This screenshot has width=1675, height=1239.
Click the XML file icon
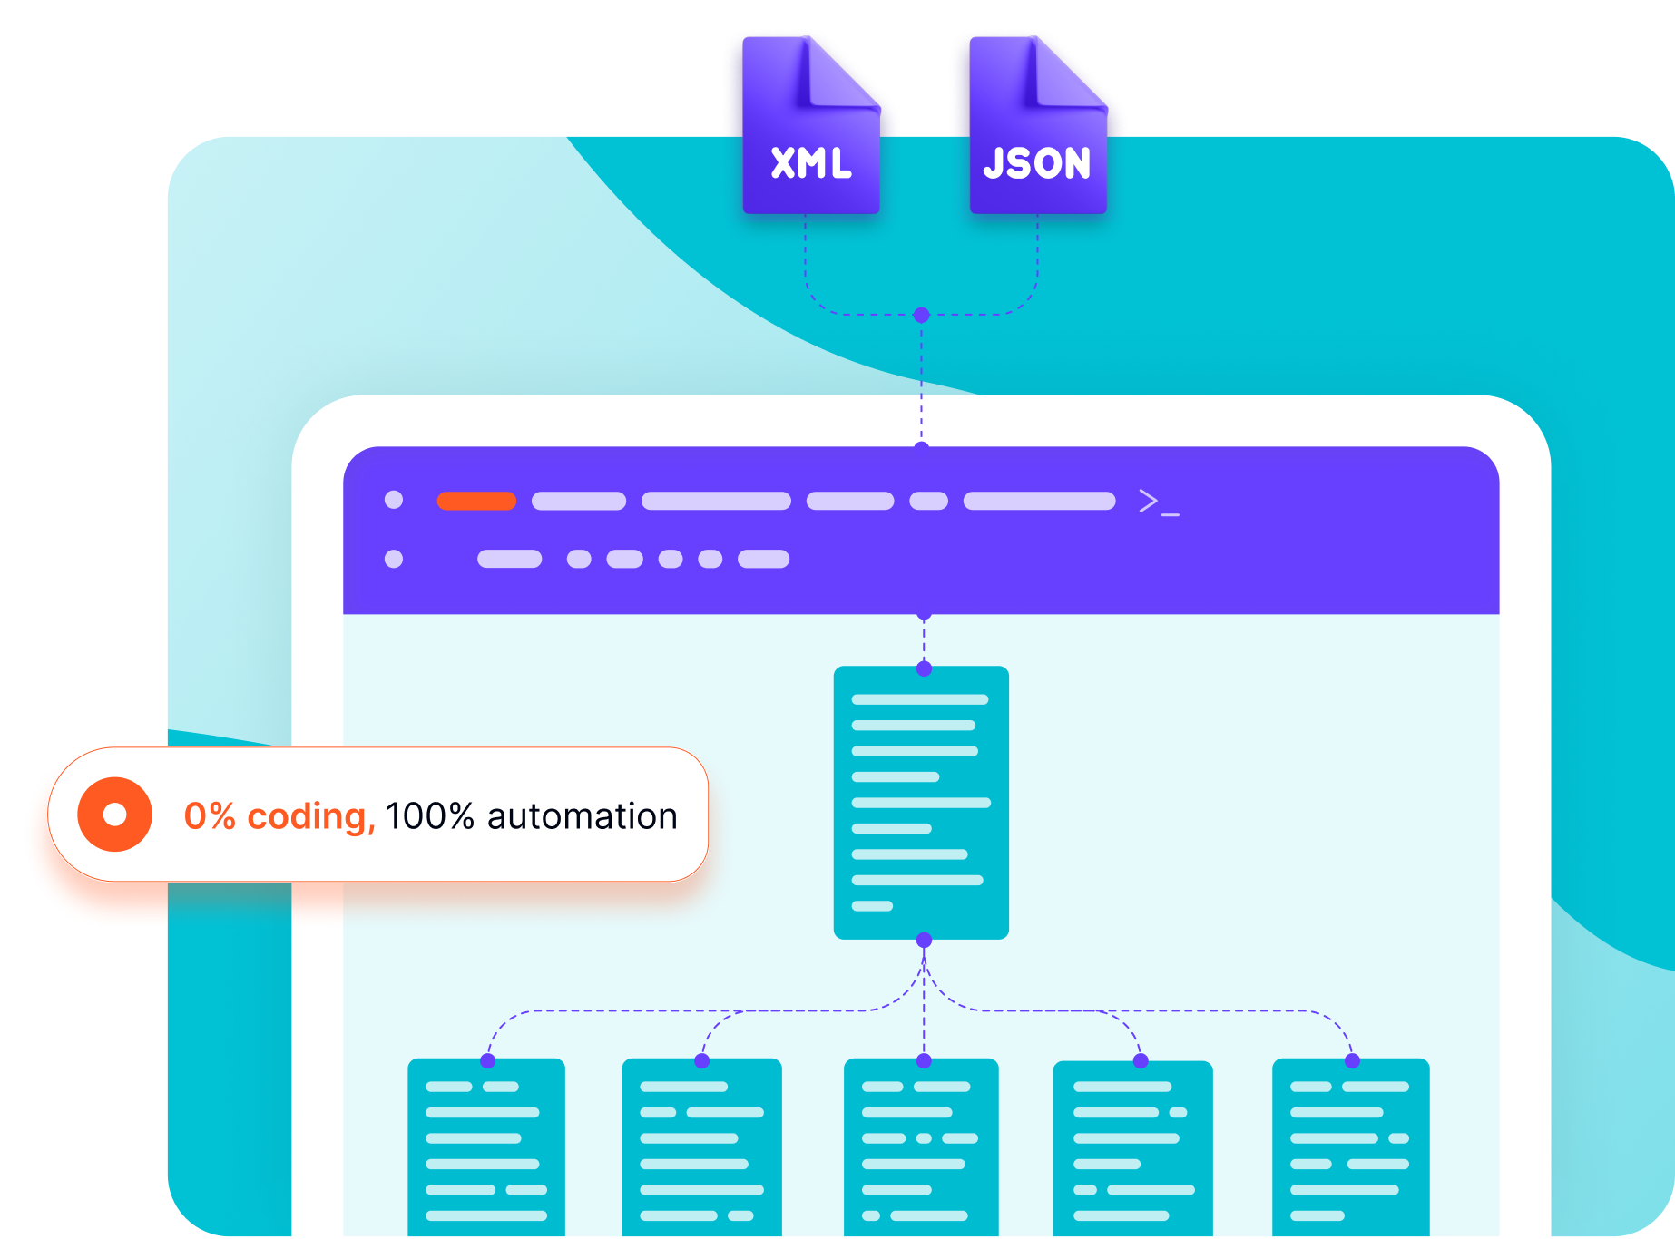coord(810,127)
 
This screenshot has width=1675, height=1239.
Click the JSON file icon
coord(1037,127)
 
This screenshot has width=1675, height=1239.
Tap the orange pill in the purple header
coord(476,501)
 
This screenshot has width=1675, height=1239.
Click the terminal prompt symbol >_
coord(1159,502)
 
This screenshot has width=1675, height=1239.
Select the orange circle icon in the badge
coord(114,815)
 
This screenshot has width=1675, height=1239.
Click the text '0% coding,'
coord(279,816)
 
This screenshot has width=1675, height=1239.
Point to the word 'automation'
coord(583,816)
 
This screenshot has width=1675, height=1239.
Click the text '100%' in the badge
coord(430,816)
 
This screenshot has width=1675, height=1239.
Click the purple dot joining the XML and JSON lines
coord(922,315)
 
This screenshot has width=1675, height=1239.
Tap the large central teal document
coord(921,803)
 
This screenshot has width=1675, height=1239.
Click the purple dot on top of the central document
coord(924,668)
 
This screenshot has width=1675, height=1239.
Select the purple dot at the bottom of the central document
coord(924,940)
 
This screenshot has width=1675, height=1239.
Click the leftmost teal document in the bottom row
coord(486,1147)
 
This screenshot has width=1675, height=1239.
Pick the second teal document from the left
coord(701,1147)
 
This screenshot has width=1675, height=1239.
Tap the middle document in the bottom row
coord(921,1147)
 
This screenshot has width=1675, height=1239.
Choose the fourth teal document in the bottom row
coord(1132,1147)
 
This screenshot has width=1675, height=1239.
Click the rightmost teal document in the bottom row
coord(1350,1147)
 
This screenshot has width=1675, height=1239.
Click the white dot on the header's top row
coord(394,500)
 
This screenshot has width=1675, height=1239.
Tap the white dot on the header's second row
coord(394,559)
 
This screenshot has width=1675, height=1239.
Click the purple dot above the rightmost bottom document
coord(1352,1060)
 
